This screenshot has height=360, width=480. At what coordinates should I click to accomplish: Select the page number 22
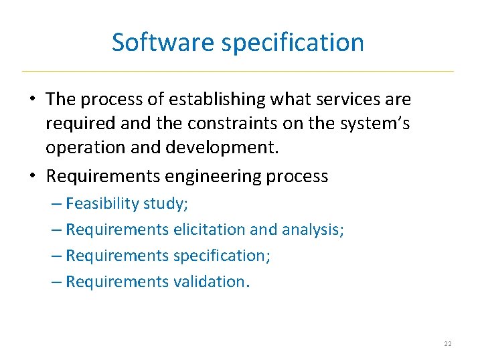pyautogui.click(x=447, y=343)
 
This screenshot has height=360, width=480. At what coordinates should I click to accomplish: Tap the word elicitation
pyautogui.click(x=209, y=230)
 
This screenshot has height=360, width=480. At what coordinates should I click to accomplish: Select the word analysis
pyautogui.click(x=314, y=230)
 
